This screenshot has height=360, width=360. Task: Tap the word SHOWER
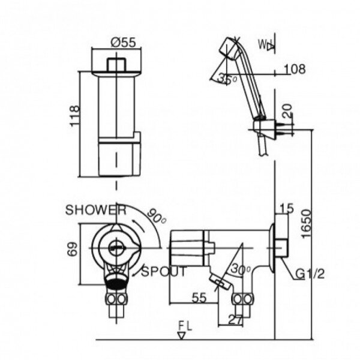pyautogui.click(x=95, y=210)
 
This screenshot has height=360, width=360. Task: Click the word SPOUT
pyautogui.click(x=164, y=272)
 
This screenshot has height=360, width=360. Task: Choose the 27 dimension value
pyautogui.click(x=236, y=320)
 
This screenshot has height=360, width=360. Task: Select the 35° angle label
pyautogui.click(x=226, y=79)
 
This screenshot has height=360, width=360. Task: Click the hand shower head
pyautogui.click(x=229, y=47)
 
